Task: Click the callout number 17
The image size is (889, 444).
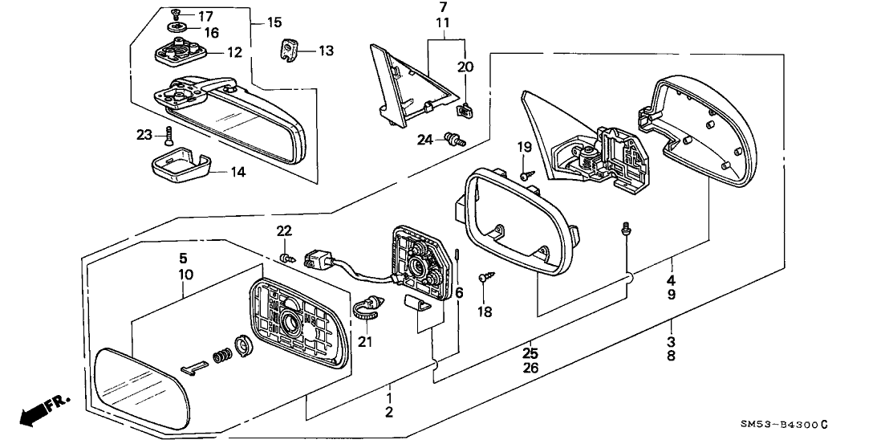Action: (x=205, y=16)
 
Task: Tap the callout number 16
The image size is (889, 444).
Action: (x=209, y=33)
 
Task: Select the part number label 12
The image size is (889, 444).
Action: (x=233, y=52)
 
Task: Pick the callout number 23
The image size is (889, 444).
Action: (x=144, y=135)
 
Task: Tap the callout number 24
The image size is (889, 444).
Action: (x=424, y=140)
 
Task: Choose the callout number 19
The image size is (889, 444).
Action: (x=524, y=148)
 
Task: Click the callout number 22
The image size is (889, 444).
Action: (x=284, y=231)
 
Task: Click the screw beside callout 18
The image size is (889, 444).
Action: (x=485, y=277)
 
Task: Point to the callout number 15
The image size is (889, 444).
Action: (x=274, y=22)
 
